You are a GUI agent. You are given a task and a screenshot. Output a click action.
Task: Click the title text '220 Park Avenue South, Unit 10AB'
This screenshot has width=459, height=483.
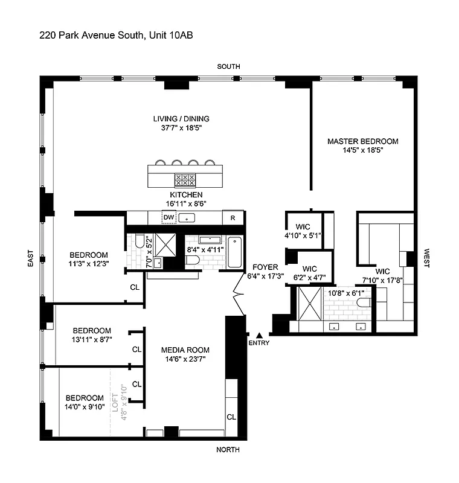click(x=116, y=36)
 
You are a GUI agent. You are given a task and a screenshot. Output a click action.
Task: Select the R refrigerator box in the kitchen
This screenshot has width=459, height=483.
click(x=233, y=218)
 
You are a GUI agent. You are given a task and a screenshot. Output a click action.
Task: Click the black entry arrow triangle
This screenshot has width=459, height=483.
click(x=259, y=334)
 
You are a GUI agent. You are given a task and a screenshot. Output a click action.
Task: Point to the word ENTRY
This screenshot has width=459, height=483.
click(x=259, y=343)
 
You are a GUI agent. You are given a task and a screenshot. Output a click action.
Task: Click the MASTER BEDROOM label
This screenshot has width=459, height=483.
click(x=363, y=141)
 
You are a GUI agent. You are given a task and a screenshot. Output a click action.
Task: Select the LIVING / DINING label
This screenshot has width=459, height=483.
click(x=181, y=118)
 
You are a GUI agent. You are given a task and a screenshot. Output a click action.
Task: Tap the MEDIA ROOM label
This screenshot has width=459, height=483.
click(x=185, y=350)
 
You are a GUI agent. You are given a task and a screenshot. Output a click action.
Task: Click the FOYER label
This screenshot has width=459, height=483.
click(x=265, y=267)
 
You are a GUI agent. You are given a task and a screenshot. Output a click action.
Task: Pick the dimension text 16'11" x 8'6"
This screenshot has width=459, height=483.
click(x=185, y=204)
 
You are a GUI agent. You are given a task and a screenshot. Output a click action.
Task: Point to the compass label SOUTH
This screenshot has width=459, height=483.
click(x=230, y=66)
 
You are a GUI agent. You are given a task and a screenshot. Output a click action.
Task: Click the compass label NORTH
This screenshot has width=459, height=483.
click(x=229, y=450)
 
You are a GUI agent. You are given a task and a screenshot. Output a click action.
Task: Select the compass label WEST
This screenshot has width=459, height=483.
click(x=427, y=260)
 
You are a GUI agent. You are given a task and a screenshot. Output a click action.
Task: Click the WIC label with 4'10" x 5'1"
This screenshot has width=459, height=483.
click(x=302, y=227)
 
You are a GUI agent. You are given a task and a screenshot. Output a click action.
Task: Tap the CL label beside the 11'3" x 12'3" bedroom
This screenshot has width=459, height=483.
click(x=134, y=287)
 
